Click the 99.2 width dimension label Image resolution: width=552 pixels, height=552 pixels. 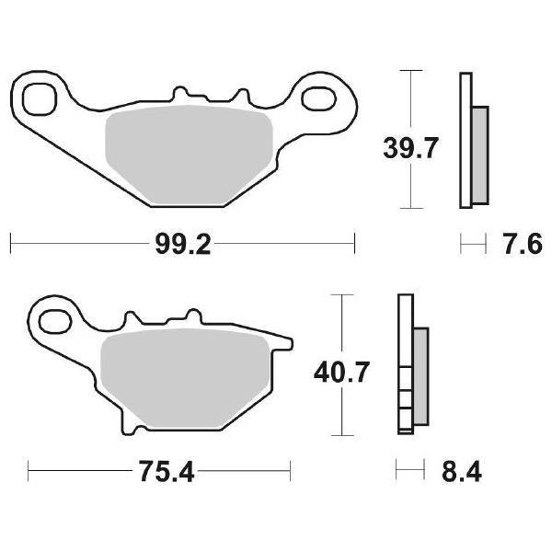click(x=182, y=244)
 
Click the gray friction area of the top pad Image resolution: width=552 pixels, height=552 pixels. click(x=189, y=152)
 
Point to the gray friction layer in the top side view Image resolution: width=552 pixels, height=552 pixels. click(x=480, y=155)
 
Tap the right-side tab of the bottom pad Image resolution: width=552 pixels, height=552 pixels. click(x=285, y=345)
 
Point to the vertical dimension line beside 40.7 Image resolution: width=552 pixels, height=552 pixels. click(x=341, y=322)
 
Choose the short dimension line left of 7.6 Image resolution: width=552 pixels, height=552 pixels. click(x=472, y=244)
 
